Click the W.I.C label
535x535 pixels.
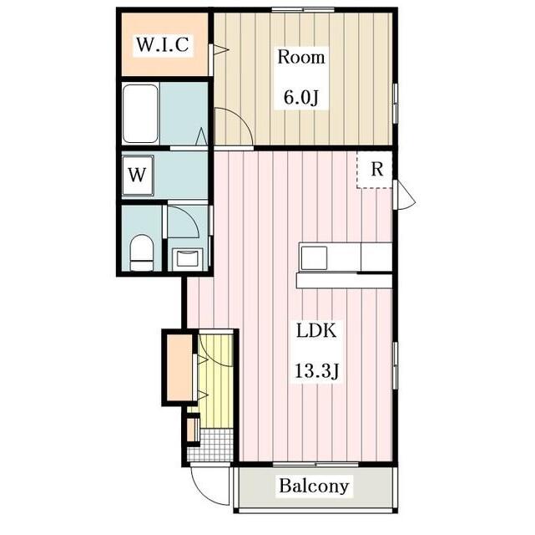tap(163, 44)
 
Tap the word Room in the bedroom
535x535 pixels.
tap(301, 57)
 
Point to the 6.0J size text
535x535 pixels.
tap(301, 98)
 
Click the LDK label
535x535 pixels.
tap(316, 330)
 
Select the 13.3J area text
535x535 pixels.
tap(316, 371)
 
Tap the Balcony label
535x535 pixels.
tap(314, 486)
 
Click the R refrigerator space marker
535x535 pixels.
tap(377, 169)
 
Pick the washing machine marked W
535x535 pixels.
tap(138, 176)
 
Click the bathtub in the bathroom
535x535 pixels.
tap(140, 114)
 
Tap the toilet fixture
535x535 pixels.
tap(142, 252)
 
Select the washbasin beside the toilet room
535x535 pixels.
tap(187, 258)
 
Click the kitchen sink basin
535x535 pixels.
tap(314, 257)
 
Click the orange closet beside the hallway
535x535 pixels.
tap(179, 367)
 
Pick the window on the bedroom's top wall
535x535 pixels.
tap(302, 10)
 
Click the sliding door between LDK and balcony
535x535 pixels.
tap(315, 464)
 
